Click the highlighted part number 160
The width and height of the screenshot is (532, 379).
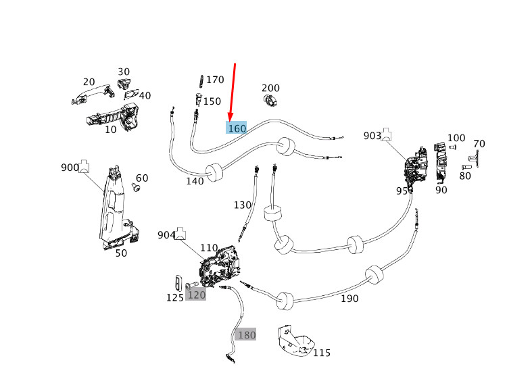(x=237, y=128)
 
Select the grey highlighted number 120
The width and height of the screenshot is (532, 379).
(x=196, y=295)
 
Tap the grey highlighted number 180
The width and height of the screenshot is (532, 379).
(x=246, y=334)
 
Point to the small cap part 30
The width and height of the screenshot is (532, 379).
(x=124, y=84)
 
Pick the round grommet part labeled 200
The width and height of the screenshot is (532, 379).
(x=272, y=101)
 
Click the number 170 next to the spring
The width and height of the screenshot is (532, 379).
(x=215, y=80)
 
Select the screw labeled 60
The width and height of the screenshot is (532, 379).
(x=135, y=190)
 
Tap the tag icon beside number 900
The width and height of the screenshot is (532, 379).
(x=86, y=166)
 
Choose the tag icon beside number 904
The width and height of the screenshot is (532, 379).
(x=181, y=234)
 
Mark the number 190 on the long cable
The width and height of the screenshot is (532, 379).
(x=350, y=298)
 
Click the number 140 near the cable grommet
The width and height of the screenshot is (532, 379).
(x=195, y=181)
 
